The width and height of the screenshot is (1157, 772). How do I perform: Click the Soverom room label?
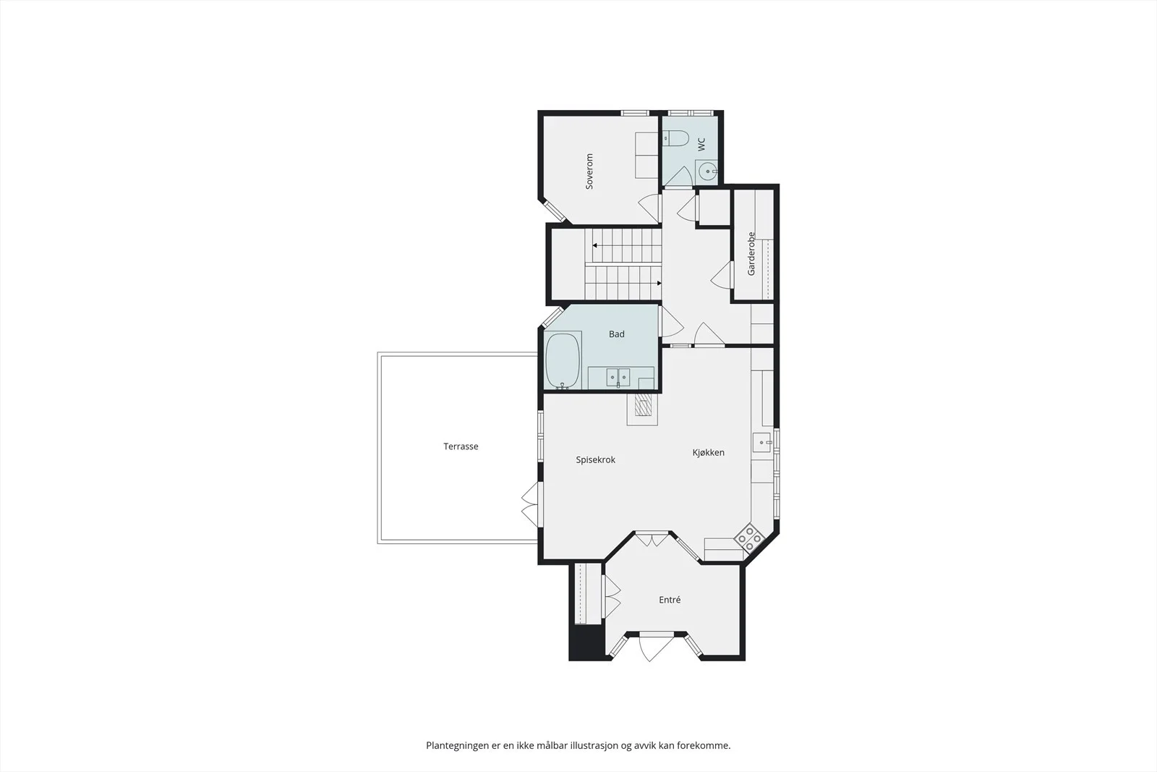[589, 171]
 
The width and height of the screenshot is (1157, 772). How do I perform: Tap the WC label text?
[701, 144]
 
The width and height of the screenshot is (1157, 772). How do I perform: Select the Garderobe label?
[751, 254]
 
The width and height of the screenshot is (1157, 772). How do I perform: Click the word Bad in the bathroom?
[617, 334]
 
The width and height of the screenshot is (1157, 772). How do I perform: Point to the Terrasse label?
[461, 446]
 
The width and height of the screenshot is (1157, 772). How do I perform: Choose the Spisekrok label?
[596, 460]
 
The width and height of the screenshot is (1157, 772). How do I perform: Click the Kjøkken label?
[709, 453]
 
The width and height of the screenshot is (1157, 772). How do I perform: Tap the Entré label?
[670, 600]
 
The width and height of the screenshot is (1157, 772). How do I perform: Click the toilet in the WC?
[676, 138]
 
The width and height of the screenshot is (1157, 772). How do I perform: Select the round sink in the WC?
[707, 171]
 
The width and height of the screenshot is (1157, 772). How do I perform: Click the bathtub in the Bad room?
[563, 360]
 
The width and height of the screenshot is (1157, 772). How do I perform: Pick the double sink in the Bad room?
[618, 377]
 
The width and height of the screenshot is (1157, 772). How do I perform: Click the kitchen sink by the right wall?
[762, 442]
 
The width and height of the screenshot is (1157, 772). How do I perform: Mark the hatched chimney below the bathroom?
[643, 404]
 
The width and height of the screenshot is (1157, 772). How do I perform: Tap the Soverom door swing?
[650, 208]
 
